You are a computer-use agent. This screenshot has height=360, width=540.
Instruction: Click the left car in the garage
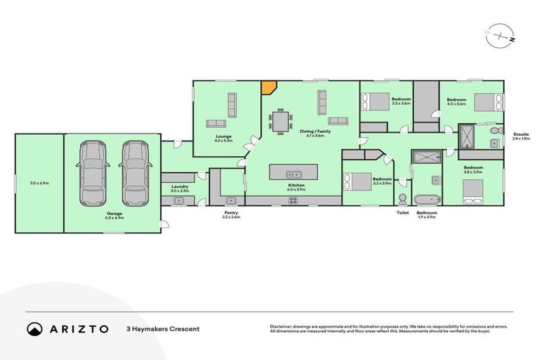[94, 172]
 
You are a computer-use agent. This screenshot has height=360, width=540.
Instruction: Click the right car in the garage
[134, 172]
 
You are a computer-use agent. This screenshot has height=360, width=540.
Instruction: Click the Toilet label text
[402, 212]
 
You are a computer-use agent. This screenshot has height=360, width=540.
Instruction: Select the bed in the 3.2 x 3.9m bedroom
[359, 181]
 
